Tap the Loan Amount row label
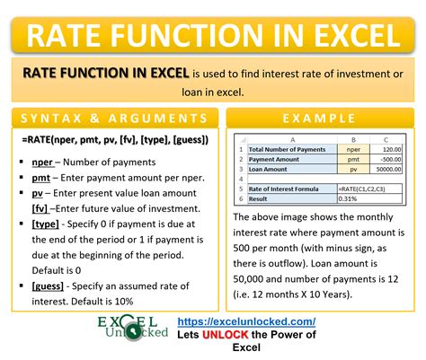[x=269, y=170]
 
